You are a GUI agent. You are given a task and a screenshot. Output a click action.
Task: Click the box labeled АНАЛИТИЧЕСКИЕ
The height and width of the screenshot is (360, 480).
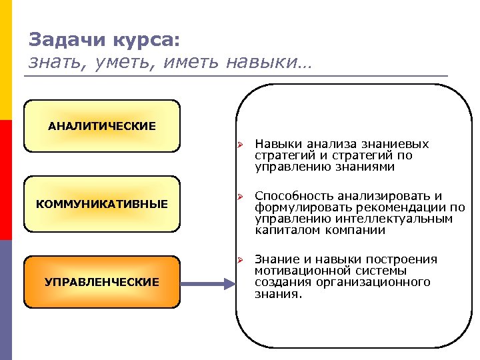(102, 126)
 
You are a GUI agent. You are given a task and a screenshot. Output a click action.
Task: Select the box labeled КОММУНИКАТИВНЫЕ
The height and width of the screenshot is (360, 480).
(102, 203)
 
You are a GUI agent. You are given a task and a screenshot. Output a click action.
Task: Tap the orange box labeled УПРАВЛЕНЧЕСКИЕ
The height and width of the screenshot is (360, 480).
(102, 282)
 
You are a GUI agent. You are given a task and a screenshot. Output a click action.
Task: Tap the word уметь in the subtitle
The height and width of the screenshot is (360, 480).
(109, 62)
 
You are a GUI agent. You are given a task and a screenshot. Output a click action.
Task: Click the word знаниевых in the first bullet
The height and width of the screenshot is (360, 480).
(394, 144)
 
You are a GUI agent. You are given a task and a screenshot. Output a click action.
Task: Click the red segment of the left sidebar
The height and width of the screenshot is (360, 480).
(6, 180)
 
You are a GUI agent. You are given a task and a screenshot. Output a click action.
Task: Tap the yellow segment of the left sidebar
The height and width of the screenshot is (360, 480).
(6, 60)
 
